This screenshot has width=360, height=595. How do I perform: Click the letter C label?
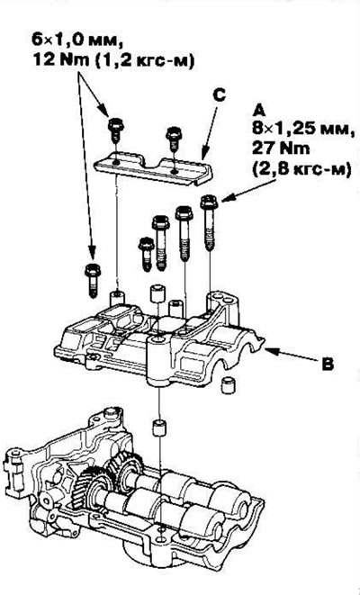(x=219, y=95)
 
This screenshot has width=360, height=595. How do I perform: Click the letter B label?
(x=328, y=365)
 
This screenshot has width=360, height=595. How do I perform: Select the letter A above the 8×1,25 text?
(x=260, y=111)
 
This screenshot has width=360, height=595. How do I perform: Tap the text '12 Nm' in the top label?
(x=56, y=59)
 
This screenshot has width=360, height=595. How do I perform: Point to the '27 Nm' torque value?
(x=281, y=149)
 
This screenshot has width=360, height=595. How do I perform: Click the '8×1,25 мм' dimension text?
(x=304, y=130)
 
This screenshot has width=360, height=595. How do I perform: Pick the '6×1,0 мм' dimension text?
(x=77, y=41)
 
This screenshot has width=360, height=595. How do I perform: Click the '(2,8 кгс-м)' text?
(x=301, y=168)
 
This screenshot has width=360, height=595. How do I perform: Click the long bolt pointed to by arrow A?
(x=209, y=222)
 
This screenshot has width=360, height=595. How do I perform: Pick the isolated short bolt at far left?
(x=92, y=281)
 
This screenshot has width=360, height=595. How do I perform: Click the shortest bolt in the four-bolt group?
(x=146, y=254)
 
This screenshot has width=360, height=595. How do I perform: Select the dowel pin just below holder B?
(x=159, y=428)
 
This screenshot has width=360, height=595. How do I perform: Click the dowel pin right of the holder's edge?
(x=228, y=385)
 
